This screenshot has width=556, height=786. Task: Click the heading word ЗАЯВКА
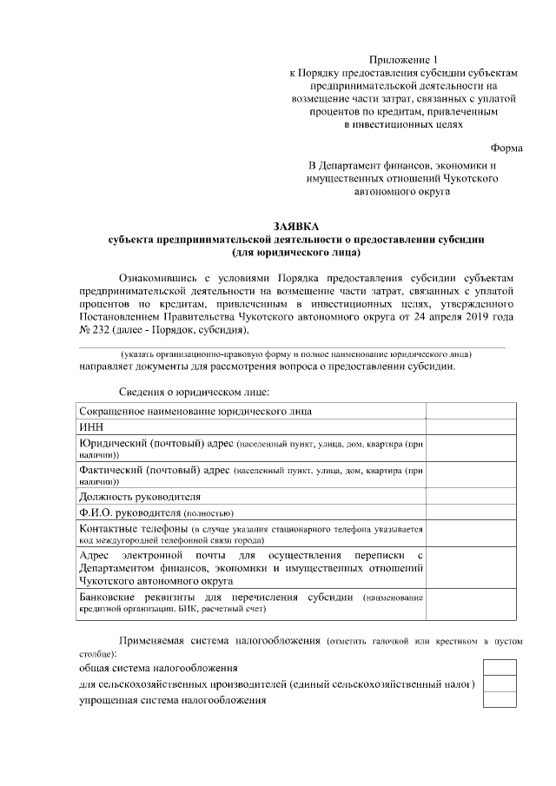click(296, 224)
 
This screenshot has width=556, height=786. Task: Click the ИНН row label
click(91, 426)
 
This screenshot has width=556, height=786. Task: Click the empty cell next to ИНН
click(470, 426)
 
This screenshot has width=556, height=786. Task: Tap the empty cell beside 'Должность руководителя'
click(470, 497)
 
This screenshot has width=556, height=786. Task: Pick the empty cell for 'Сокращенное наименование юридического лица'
click(470, 410)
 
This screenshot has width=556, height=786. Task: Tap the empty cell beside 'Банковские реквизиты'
click(470, 604)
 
